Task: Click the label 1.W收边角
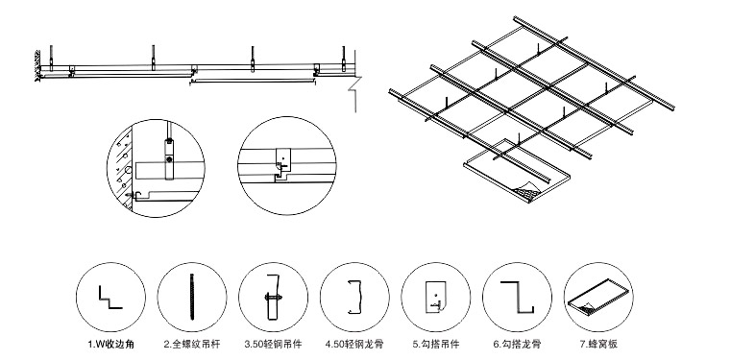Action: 110,344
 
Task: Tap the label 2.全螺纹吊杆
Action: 192,344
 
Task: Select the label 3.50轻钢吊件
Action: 273,344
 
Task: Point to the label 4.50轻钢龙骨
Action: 354,344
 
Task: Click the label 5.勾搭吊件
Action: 436,344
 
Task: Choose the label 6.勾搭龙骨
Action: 517,344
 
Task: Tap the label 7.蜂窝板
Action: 598,344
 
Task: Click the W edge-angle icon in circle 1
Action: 110,298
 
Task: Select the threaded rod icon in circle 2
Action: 192,297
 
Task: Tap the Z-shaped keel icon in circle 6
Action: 517,298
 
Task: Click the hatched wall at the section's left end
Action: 37,65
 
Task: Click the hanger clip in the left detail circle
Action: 168,158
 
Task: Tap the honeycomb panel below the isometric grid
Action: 516,170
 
